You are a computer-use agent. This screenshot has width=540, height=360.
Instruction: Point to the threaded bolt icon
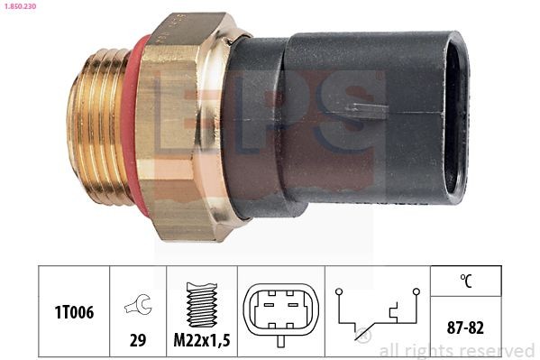click(x=199, y=301)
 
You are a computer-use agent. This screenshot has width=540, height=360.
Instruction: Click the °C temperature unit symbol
click(x=466, y=282)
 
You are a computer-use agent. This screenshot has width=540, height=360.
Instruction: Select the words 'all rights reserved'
click(x=457, y=350)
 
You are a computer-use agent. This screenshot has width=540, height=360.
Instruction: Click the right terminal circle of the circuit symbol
click(x=416, y=292)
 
